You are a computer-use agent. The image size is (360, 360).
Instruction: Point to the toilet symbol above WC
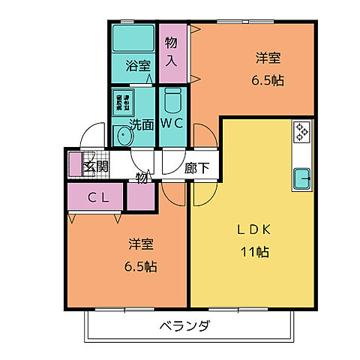[172, 100]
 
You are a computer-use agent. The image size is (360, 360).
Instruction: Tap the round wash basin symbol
[122, 136]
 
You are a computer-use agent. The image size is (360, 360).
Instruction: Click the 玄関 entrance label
[95, 166]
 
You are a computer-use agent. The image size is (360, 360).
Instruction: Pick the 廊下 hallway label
[196, 169]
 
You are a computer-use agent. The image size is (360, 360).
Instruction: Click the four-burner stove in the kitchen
[302, 131]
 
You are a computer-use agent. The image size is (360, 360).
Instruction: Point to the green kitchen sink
[301, 178]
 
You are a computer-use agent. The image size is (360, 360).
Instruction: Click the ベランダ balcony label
[184, 326]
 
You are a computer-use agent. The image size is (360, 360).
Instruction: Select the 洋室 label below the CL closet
[141, 244]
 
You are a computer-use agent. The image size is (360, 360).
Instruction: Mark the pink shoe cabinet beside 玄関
[75, 164]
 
